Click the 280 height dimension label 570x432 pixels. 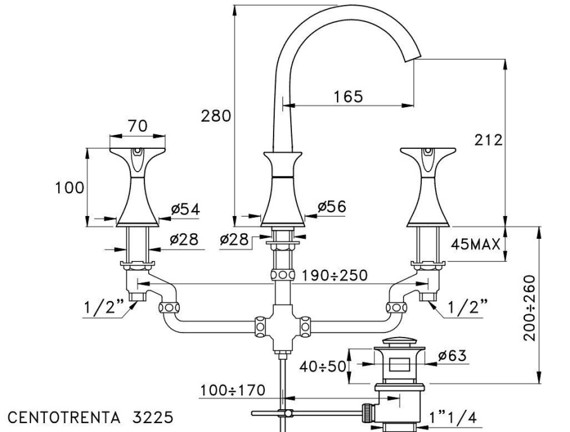[216, 116]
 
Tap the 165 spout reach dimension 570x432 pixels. [348, 96]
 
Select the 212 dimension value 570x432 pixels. [488, 139]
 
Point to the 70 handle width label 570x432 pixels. [138, 126]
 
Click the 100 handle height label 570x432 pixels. [70, 188]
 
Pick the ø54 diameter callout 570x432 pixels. [186, 209]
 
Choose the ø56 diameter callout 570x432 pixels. [332, 206]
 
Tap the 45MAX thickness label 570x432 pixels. [476, 245]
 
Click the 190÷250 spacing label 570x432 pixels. [335, 276]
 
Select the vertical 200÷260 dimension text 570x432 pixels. [529, 308]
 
